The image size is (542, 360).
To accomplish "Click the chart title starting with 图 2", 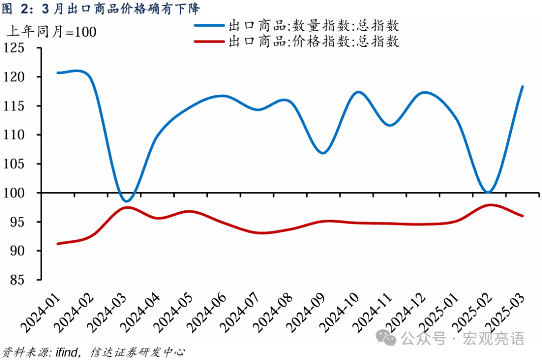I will point(101,9).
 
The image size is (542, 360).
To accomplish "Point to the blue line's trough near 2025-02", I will point(488,192).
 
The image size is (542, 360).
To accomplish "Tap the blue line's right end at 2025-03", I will point(522,86).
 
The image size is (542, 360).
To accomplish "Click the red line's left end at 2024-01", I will point(58,244).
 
